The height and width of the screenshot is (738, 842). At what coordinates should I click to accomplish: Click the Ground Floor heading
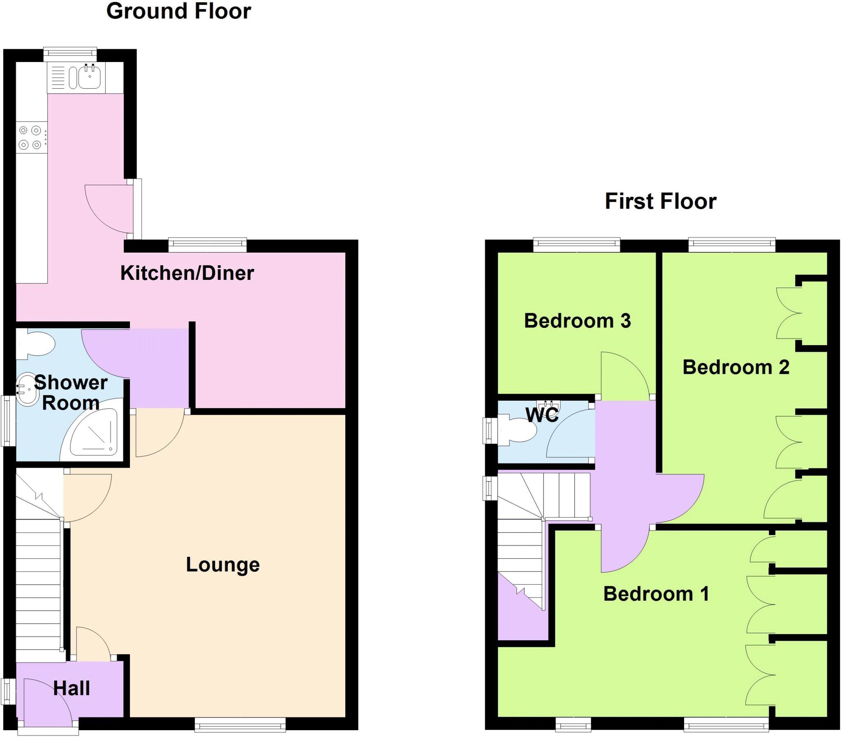[178, 12]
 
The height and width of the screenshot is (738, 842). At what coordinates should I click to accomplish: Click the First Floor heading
[660, 202]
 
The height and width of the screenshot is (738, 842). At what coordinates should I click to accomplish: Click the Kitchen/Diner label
[187, 273]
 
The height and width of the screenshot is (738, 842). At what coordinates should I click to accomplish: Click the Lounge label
[222, 565]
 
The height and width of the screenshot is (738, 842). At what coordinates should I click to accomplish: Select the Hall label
[71, 688]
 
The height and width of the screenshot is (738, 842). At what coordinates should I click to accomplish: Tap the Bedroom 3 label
[577, 321]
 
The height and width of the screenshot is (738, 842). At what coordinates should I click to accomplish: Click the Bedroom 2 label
[736, 367]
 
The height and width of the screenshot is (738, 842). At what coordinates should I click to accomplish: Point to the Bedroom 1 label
[656, 594]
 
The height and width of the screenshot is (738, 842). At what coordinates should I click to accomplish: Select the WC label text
[542, 415]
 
